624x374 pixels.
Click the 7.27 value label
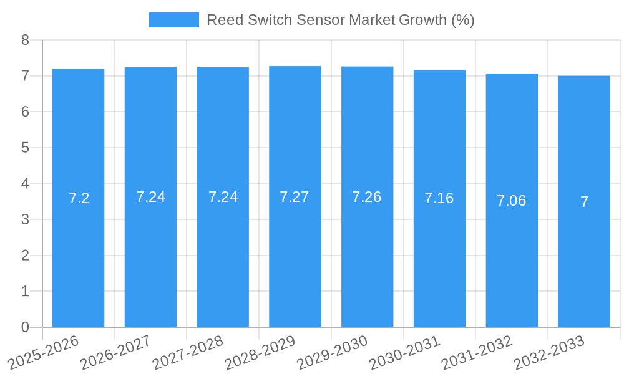pyautogui.click(x=295, y=197)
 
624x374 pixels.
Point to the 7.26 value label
pyautogui.click(x=367, y=197)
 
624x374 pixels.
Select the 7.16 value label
pyautogui.click(x=439, y=198)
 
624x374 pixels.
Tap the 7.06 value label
pyautogui.click(x=512, y=201)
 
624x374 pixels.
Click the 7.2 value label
pyautogui.click(x=79, y=198)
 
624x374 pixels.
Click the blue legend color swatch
pyautogui.click(x=173, y=20)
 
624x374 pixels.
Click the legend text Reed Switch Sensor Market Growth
pyautogui.click(x=340, y=20)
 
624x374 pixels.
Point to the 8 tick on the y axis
pyautogui.click(x=26, y=40)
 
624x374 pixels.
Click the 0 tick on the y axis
pyautogui.click(x=26, y=327)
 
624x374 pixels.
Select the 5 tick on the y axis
pyautogui.click(x=26, y=148)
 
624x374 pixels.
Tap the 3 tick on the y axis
pyautogui.click(x=26, y=219)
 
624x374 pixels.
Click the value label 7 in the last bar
pyautogui.click(x=584, y=202)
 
